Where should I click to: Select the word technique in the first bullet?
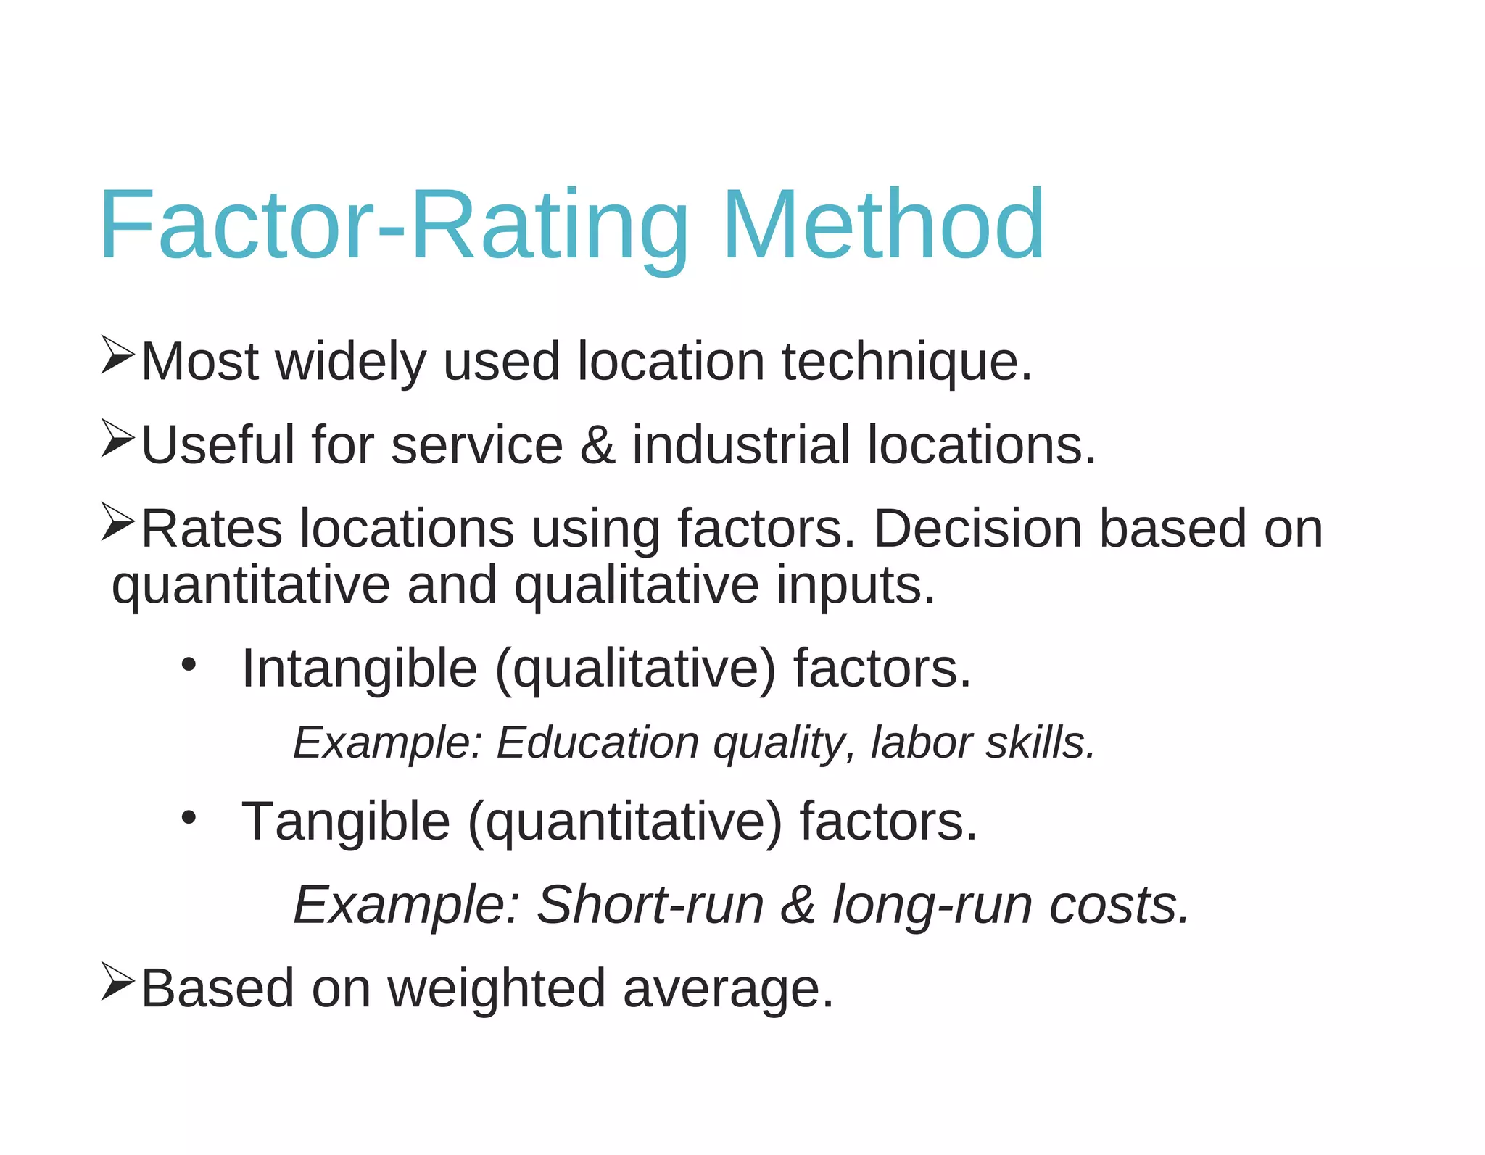(906, 362)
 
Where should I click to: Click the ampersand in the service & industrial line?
(597, 445)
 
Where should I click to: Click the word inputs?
(856, 585)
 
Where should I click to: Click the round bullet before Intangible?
(189, 664)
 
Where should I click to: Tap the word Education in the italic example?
(597, 743)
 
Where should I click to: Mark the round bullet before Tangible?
(189, 818)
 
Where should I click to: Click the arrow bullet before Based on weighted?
(117, 982)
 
